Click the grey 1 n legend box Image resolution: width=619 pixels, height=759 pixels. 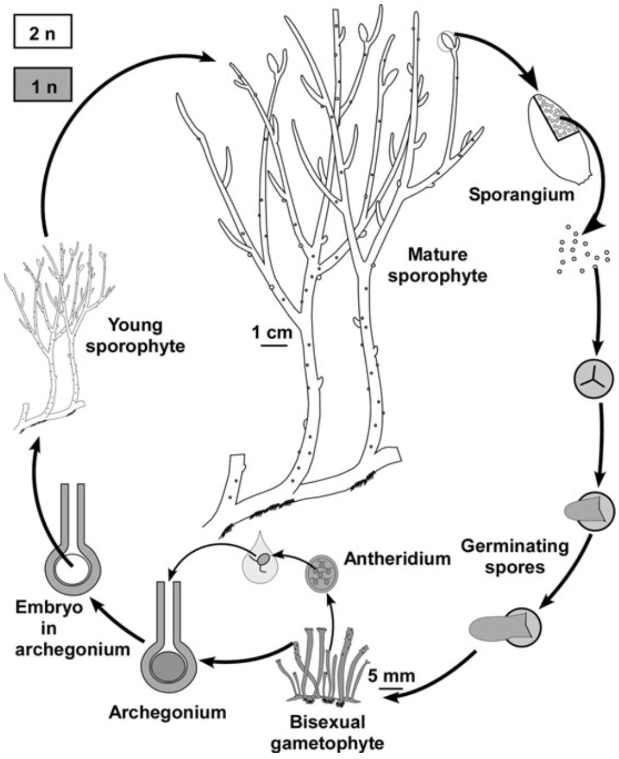(x=42, y=84)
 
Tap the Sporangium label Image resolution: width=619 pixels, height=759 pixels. (x=521, y=195)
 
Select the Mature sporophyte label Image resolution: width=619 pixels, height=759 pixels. (x=438, y=265)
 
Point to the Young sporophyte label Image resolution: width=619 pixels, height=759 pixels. (x=136, y=336)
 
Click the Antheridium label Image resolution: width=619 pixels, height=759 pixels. (x=397, y=558)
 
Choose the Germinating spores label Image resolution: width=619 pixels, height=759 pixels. (x=514, y=556)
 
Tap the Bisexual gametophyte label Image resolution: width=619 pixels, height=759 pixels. (x=327, y=732)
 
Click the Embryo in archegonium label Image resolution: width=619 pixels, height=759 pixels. (x=72, y=629)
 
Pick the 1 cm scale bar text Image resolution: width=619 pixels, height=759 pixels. (x=272, y=333)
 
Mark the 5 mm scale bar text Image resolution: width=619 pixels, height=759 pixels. (x=391, y=675)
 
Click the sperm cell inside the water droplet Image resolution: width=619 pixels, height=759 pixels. (x=262, y=559)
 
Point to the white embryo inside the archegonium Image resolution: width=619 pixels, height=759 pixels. (x=73, y=570)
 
